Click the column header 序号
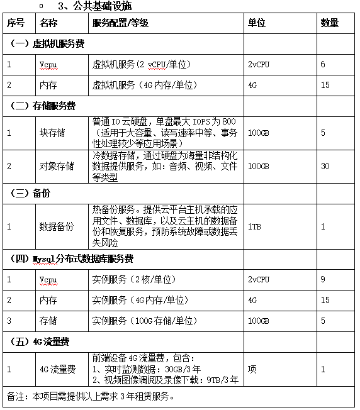[x=16, y=23]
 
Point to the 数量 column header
[x=330, y=23]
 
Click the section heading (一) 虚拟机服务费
[x=48, y=44]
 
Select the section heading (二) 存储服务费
[x=48, y=106]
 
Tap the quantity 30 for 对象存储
[x=325, y=166]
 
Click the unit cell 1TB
[x=254, y=226]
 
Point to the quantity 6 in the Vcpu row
[x=323, y=65]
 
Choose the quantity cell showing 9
[x=323, y=279]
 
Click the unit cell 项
[x=252, y=369]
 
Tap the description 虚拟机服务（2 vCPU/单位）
[x=142, y=65]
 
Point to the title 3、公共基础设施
[x=94, y=6]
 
